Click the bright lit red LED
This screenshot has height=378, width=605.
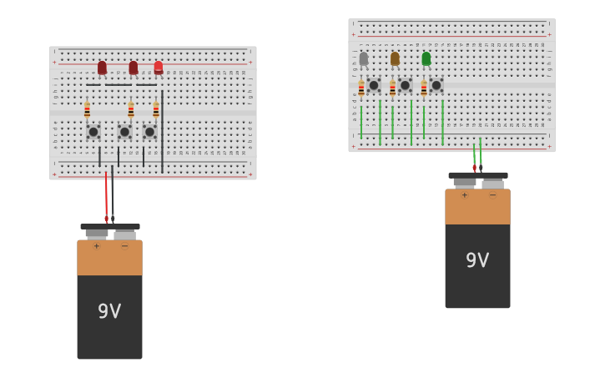tap(159, 67)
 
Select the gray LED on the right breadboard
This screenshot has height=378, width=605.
tap(363, 58)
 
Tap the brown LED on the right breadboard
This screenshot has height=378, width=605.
tap(395, 58)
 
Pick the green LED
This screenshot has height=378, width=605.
tap(426, 58)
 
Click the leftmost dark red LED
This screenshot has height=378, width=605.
tap(102, 68)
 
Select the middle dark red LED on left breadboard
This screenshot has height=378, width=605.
tap(133, 68)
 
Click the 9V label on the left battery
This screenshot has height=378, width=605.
tap(109, 311)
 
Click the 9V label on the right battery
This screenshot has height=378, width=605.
tap(477, 260)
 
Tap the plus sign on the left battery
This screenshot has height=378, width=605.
tap(96, 246)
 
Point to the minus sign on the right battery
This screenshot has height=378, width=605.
tap(492, 195)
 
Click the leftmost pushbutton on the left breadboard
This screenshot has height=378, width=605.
tap(93, 132)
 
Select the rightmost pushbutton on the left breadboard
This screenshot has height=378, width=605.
tap(150, 132)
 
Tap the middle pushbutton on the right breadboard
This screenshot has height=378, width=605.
tap(405, 85)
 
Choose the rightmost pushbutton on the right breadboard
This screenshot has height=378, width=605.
tap(436, 85)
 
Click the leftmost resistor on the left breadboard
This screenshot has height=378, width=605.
tap(87, 110)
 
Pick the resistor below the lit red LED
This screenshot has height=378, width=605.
tap(156, 110)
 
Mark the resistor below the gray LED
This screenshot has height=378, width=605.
tap(361, 88)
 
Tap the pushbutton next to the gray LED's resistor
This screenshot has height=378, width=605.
tap(374, 85)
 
